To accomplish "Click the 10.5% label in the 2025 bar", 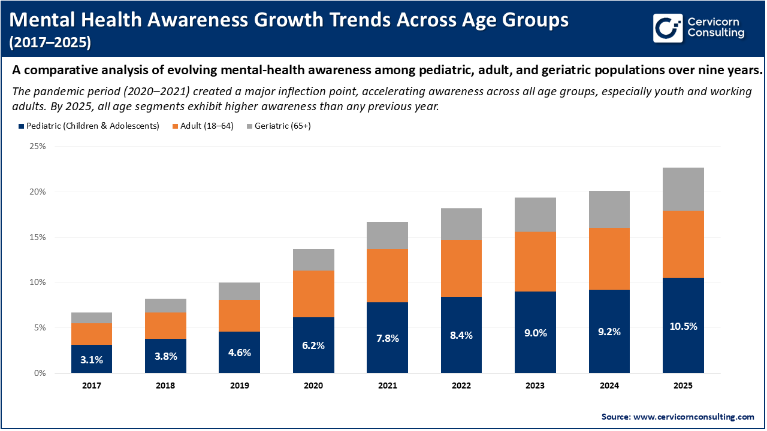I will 683,326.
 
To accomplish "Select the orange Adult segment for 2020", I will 313,293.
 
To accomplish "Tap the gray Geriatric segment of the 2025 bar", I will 683,189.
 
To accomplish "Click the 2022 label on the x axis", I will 461,386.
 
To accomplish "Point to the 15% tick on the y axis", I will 37,237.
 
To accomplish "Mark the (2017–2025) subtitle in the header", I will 51,43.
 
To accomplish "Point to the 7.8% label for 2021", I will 387,338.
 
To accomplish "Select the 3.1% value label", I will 92,360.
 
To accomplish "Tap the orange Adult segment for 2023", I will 535,262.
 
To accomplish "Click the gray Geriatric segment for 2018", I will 165,305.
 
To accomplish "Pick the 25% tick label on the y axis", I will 37,147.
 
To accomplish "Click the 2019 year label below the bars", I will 240,386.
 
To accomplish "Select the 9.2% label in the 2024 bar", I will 609,332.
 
